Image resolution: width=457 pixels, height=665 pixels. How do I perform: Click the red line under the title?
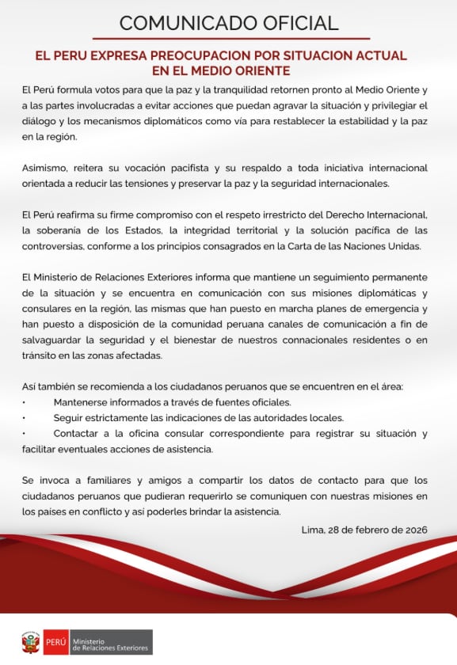click(228, 38)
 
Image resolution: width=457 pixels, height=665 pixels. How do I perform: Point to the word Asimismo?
click(48, 169)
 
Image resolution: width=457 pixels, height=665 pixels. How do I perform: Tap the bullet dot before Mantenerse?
click(24, 401)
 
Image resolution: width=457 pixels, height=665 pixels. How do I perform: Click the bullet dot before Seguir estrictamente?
click(24, 417)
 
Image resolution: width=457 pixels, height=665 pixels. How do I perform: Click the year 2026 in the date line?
click(415, 530)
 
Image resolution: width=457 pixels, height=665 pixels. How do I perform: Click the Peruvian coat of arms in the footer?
click(32, 642)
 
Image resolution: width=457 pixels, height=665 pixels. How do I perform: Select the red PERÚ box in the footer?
click(55, 642)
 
